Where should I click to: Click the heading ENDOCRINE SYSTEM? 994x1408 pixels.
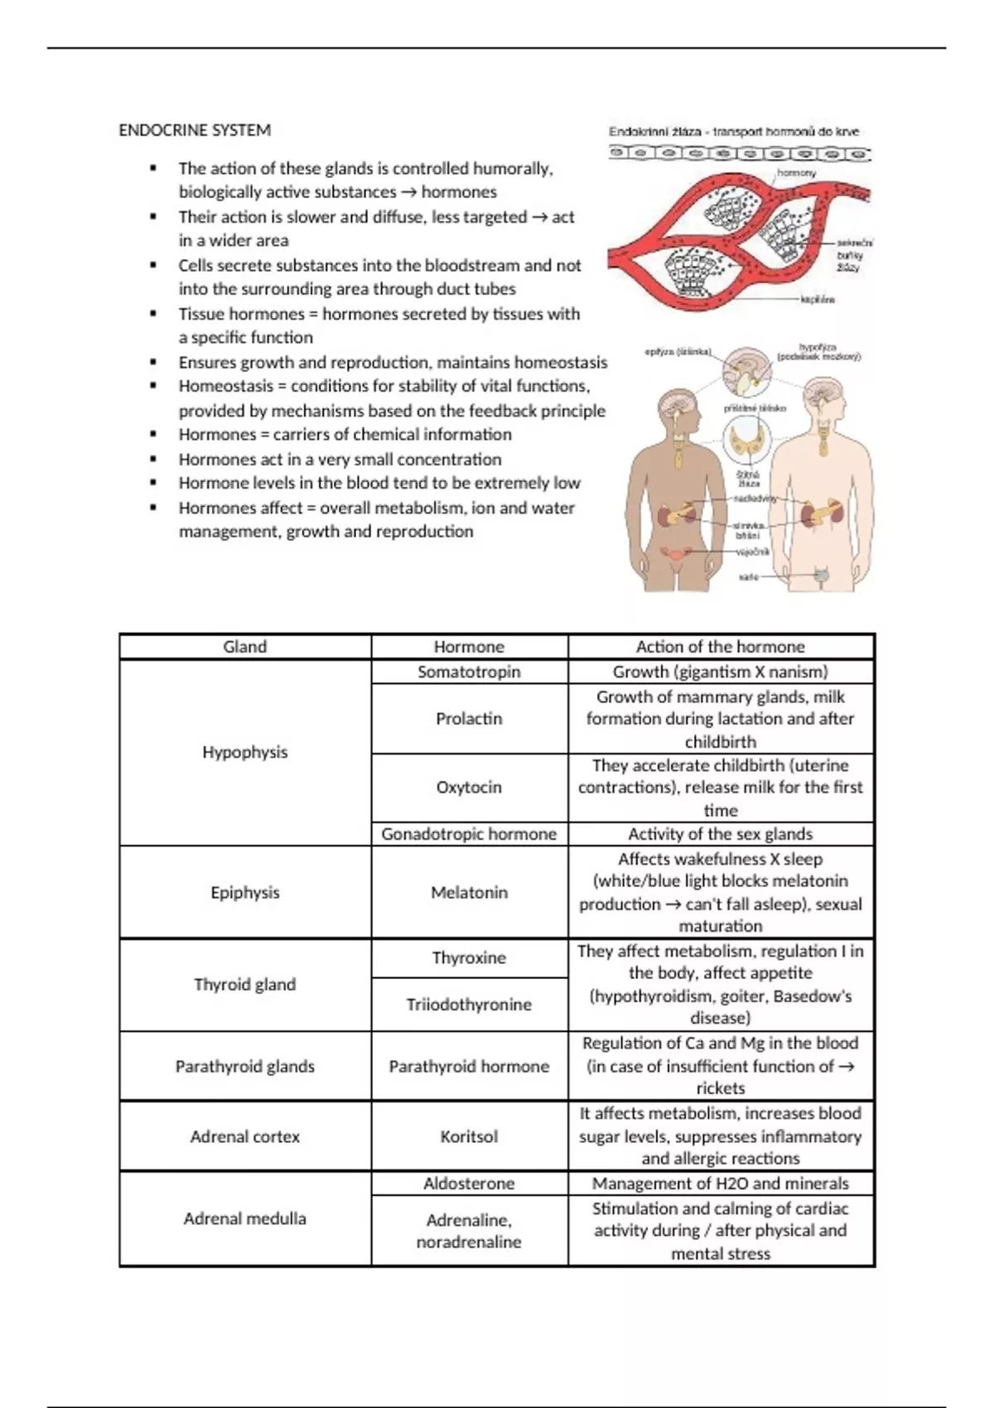tap(195, 130)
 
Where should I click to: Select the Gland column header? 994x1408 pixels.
tap(244, 647)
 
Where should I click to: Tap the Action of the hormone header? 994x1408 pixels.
tap(720, 647)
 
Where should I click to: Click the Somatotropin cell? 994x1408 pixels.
tap(469, 672)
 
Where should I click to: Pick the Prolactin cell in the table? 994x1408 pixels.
tap(469, 718)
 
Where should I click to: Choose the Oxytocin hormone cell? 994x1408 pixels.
tap(469, 787)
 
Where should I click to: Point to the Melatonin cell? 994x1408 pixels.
tap(469, 892)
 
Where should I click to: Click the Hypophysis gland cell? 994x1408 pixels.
tap(244, 752)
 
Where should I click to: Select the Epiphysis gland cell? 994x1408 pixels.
tap(244, 892)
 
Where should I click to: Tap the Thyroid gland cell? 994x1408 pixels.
tap(244, 984)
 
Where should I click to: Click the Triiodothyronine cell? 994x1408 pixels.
tap(469, 1004)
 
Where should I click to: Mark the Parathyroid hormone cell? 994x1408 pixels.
tap(469, 1066)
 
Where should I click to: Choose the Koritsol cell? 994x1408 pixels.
tap(469, 1136)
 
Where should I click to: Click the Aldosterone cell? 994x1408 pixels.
tap(469, 1184)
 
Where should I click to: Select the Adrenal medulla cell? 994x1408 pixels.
tap(244, 1218)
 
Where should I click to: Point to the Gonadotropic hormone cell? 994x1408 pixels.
tap(469, 834)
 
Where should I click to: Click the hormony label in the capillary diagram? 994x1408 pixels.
tap(796, 173)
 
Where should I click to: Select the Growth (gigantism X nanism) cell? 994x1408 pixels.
tap(720, 672)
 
